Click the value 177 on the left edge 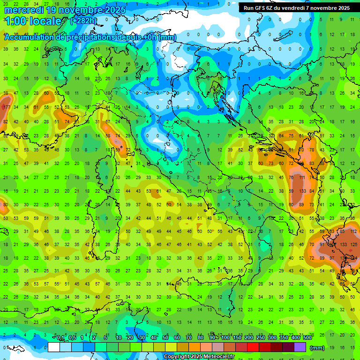tap(6, 107)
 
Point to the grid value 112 tap(353, 231)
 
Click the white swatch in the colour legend tap(54, 347)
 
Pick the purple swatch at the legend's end tap(300, 347)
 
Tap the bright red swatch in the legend tap(254, 347)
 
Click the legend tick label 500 tap(307, 337)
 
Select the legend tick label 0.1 tap(60, 337)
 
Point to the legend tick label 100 tap(225, 337)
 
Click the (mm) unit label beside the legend tap(317, 348)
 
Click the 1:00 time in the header tap(15, 21)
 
